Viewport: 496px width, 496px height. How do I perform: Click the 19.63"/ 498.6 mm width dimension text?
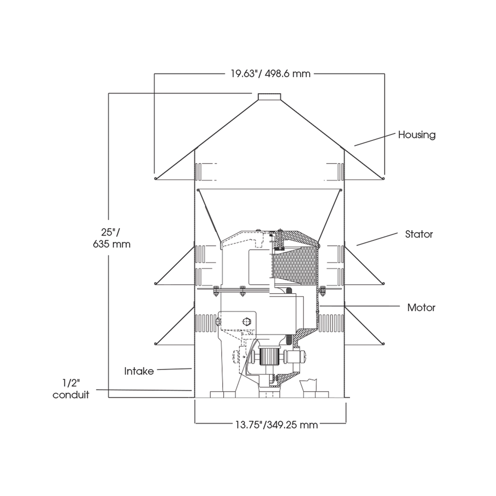click(x=270, y=74)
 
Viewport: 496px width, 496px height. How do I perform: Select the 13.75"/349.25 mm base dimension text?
click(x=276, y=424)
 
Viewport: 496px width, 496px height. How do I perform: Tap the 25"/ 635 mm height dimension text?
click(x=112, y=238)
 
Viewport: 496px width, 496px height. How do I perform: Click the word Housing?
click(x=417, y=135)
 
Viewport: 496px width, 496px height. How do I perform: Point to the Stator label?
click(x=419, y=234)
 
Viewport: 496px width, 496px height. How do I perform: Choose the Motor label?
click(x=421, y=308)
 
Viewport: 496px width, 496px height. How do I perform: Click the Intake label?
click(x=139, y=371)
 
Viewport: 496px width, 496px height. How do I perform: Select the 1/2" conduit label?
click(x=71, y=389)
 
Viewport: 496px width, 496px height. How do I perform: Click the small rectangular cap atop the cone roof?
click(x=269, y=97)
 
